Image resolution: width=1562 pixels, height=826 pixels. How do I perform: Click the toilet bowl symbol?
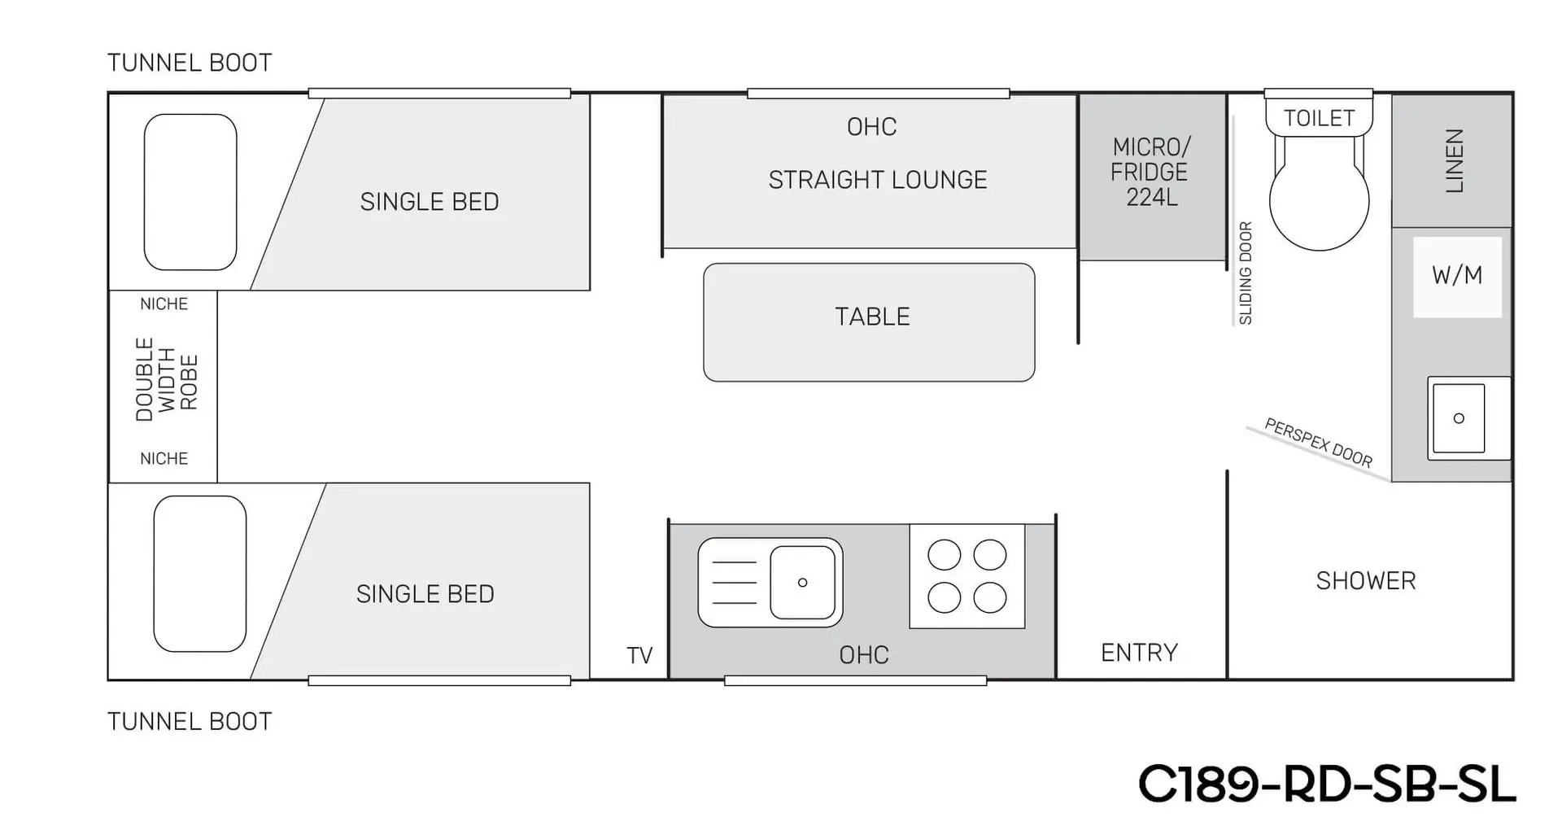(1319, 199)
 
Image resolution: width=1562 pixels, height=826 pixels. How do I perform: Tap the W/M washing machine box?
(1457, 276)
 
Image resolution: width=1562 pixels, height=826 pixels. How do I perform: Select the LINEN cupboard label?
(1454, 160)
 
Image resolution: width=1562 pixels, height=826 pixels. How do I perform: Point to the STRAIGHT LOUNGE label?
(878, 180)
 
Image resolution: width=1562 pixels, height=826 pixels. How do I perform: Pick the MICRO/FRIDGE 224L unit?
(1151, 173)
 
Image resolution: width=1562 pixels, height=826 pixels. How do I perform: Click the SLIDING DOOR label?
(1246, 273)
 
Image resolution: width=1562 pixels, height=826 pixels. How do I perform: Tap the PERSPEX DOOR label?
(1318, 442)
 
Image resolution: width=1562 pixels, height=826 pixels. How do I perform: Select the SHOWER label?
(1366, 581)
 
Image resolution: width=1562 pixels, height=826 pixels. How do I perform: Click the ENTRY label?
(1139, 653)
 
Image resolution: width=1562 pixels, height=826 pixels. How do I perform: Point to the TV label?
(639, 655)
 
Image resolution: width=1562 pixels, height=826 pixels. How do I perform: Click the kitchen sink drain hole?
(802, 583)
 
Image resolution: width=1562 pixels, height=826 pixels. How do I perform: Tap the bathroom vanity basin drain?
(1459, 418)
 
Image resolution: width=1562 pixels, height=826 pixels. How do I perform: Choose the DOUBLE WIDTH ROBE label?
(166, 380)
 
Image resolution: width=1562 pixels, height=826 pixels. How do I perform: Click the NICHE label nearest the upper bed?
(164, 304)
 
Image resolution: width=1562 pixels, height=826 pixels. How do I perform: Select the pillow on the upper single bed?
(190, 192)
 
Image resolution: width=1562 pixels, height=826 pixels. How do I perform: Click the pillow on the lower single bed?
(200, 574)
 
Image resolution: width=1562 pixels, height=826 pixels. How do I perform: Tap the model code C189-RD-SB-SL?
(1326, 784)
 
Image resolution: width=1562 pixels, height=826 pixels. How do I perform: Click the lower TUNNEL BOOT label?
(190, 722)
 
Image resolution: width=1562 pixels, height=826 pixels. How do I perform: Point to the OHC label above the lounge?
(871, 127)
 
